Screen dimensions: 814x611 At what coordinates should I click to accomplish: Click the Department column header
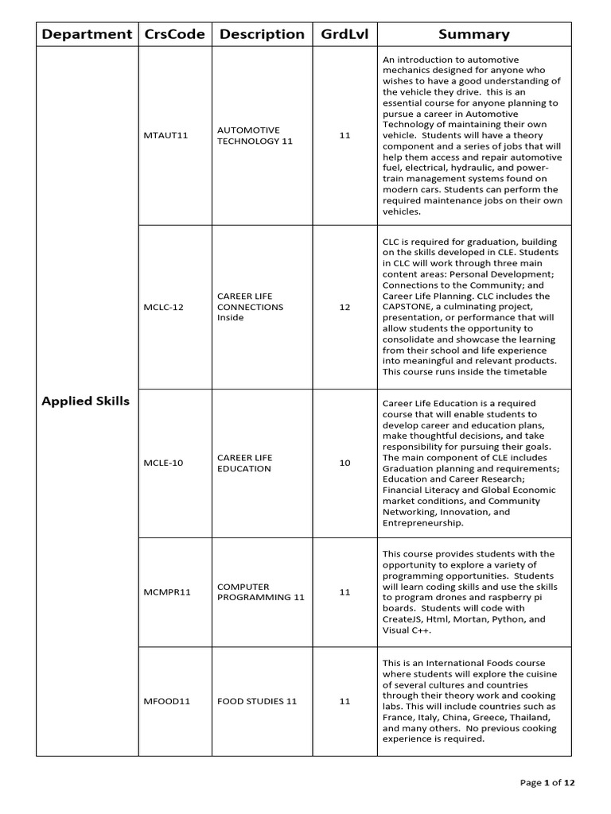(87, 34)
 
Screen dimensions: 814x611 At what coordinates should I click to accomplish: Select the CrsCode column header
(174, 34)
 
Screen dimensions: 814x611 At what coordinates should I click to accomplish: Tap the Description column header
(262, 34)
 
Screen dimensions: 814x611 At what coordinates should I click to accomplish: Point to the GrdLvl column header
(344, 34)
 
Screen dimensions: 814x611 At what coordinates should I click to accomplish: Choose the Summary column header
(474, 34)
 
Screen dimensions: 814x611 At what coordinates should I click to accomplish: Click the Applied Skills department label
(85, 401)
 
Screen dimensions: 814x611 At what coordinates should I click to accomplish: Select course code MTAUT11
(166, 136)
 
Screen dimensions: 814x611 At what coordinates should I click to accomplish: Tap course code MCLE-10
(164, 463)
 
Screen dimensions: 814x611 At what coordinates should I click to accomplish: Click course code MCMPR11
(168, 592)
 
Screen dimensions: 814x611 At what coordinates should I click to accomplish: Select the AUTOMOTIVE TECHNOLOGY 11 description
(249, 136)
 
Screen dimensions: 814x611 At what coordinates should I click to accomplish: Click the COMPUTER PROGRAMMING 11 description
(250, 592)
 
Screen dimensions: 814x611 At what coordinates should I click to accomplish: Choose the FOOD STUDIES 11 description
(257, 701)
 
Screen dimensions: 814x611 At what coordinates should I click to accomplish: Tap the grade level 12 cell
(344, 307)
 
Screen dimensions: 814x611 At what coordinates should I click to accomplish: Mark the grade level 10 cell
(344, 463)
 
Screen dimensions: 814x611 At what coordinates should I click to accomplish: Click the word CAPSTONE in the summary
(409, 307)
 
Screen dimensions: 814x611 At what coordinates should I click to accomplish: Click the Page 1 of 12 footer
(547, 783)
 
